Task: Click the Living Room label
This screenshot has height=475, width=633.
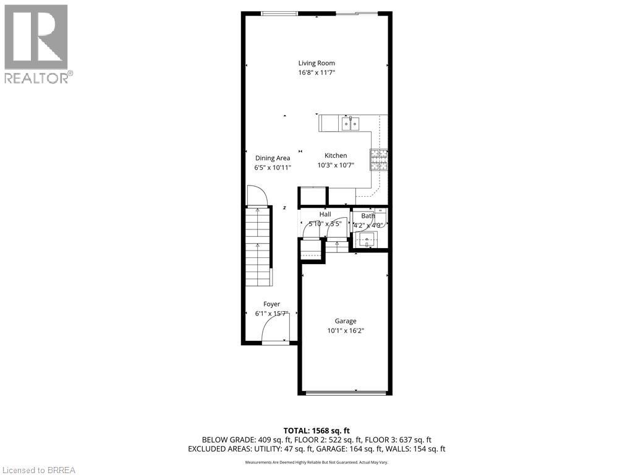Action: tap(316, 63)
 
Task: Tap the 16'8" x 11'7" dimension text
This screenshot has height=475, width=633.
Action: tap(316, 73)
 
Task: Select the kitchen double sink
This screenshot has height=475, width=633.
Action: tap(350, 124)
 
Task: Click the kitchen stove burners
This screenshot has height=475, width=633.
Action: tap(378, 160)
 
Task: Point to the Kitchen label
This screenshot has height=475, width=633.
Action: tap(336, 156)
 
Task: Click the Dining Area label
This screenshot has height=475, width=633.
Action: tap(273, 158)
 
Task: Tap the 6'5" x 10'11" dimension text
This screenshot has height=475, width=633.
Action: tap(273, 168)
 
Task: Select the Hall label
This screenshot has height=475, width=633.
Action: tap(325, 215)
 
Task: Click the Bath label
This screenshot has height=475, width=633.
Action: tap(368, 216)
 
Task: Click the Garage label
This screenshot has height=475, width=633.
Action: tap(346, 321)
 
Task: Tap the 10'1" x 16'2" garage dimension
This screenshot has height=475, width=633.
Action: tap(346, 331)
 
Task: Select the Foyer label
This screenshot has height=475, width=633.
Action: tap(272, 304)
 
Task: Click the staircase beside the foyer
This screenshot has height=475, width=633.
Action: tap(258, 247)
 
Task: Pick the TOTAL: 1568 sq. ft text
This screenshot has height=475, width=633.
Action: tap(316, 430)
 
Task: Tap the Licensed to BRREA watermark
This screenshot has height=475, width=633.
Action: tap(38, 470)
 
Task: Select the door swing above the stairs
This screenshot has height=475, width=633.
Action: tap(257, 196)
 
